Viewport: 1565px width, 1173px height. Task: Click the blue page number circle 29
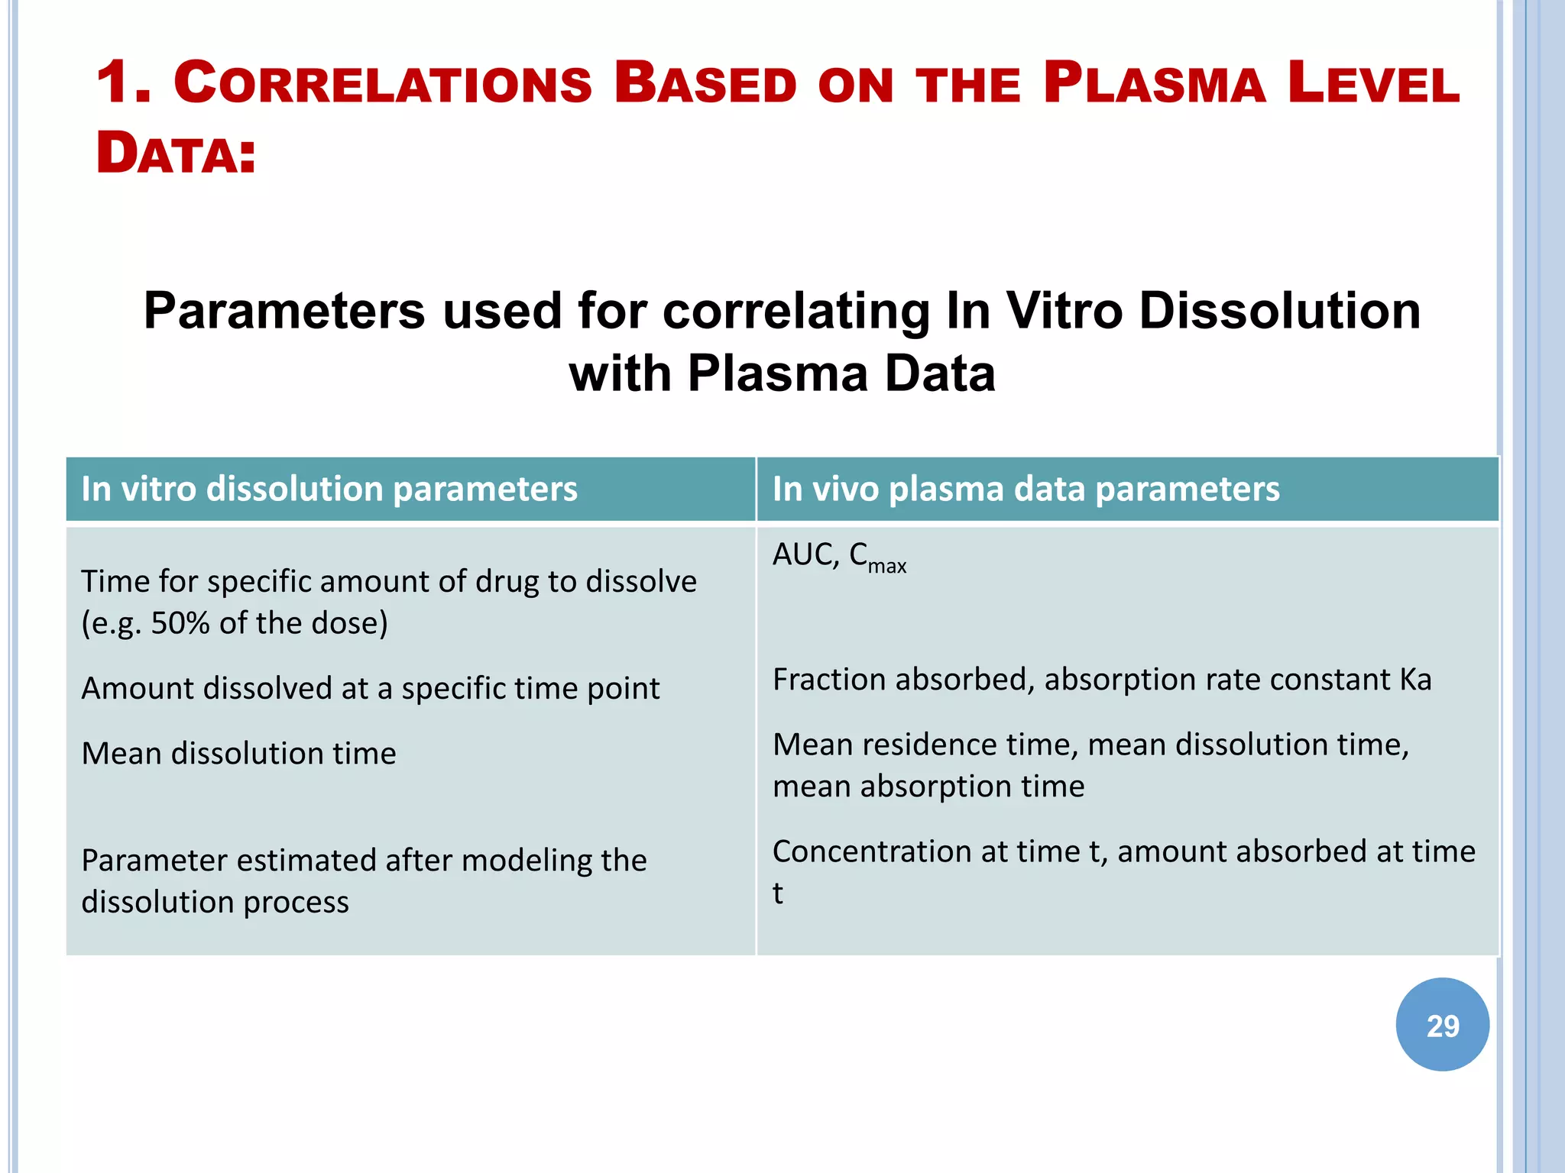tap(1442, 1025)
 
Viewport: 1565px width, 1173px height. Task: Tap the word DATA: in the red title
tap(176, 153)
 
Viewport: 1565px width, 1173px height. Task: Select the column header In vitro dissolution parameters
tap(329, 489)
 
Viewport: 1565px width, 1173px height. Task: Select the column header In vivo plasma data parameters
tap(1026, 489)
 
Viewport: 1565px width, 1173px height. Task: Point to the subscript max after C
tap(887, 567)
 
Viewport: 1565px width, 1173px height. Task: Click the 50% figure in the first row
tap(180, 623)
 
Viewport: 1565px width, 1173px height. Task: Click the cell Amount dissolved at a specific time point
tap(371, 688)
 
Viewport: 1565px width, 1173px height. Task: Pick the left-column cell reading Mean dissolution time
tap(238, 754)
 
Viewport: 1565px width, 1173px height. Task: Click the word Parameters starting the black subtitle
tap(284, 311)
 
